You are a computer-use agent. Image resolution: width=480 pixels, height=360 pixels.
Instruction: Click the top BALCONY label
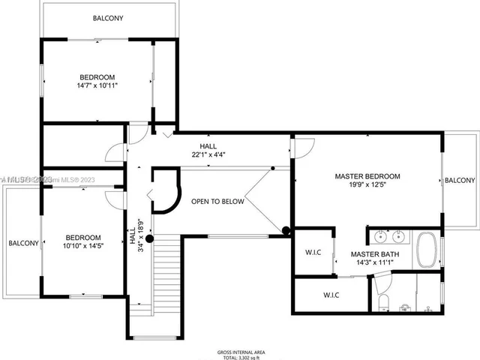[108, 17]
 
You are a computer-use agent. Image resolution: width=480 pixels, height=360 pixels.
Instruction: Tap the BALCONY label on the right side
[459, 180]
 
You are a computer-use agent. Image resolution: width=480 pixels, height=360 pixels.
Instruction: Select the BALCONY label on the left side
[23, 243]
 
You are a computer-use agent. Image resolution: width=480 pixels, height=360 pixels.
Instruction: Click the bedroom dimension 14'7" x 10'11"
[97, 86]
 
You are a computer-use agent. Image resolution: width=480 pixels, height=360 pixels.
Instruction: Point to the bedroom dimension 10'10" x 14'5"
[81, 245]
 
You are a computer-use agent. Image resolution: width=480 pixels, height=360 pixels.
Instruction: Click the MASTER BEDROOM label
[367, 176]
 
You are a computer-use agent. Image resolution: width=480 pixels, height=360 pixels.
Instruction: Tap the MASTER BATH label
[375, 254]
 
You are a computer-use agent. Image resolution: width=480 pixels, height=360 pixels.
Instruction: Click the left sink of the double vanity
[380, 238]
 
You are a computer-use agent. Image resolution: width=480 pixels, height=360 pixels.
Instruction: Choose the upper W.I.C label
[313, 253]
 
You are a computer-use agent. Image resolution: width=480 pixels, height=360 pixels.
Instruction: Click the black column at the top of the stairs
[149, 239]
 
